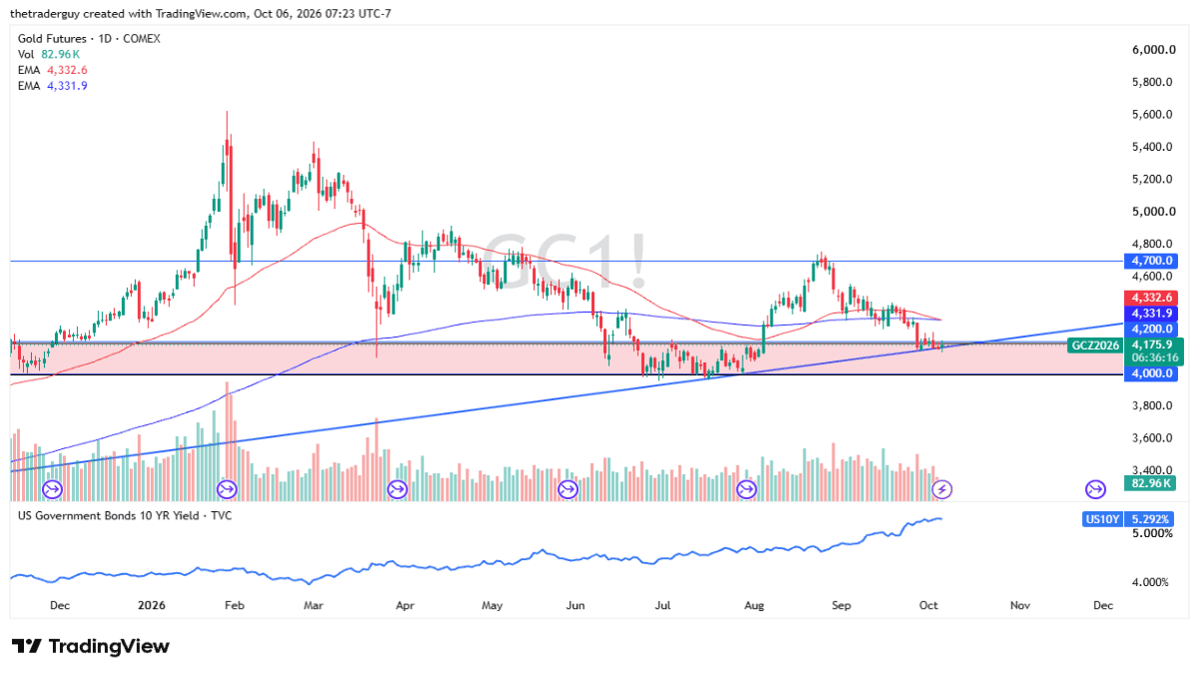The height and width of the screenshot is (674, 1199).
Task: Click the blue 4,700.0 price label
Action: pos(1151,261)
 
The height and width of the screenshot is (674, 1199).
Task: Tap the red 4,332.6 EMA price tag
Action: pos(1151,298)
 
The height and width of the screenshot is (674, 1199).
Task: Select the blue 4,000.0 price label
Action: pos(1151,373)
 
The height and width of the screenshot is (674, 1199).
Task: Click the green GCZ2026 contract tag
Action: pos(1095,345)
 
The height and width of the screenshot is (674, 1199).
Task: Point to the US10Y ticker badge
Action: pos(1101,519)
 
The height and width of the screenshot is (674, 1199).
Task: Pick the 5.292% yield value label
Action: pos(1149,519)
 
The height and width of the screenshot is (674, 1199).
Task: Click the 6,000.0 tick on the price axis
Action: pos(1153,50)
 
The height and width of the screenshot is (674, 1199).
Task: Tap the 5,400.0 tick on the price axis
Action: pos(1152,147)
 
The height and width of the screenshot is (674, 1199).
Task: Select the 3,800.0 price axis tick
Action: pos(1152,405)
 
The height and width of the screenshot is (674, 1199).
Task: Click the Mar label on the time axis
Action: pos(313,605)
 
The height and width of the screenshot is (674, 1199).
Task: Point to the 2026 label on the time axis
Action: pos(152,605)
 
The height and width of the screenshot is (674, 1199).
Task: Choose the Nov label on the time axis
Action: pos(1020,605)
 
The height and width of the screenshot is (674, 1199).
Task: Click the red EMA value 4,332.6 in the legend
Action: pos(67,70)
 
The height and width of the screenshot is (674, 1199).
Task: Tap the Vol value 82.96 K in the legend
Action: pos(61,54)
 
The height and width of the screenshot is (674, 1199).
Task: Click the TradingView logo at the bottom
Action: pos(91,646)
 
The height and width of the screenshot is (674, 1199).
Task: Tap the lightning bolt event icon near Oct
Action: pos(942,489)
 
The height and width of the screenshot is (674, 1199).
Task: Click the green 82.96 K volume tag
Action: pos(1150,483)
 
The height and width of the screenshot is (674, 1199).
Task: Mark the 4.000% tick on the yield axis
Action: pos(1150,582)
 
